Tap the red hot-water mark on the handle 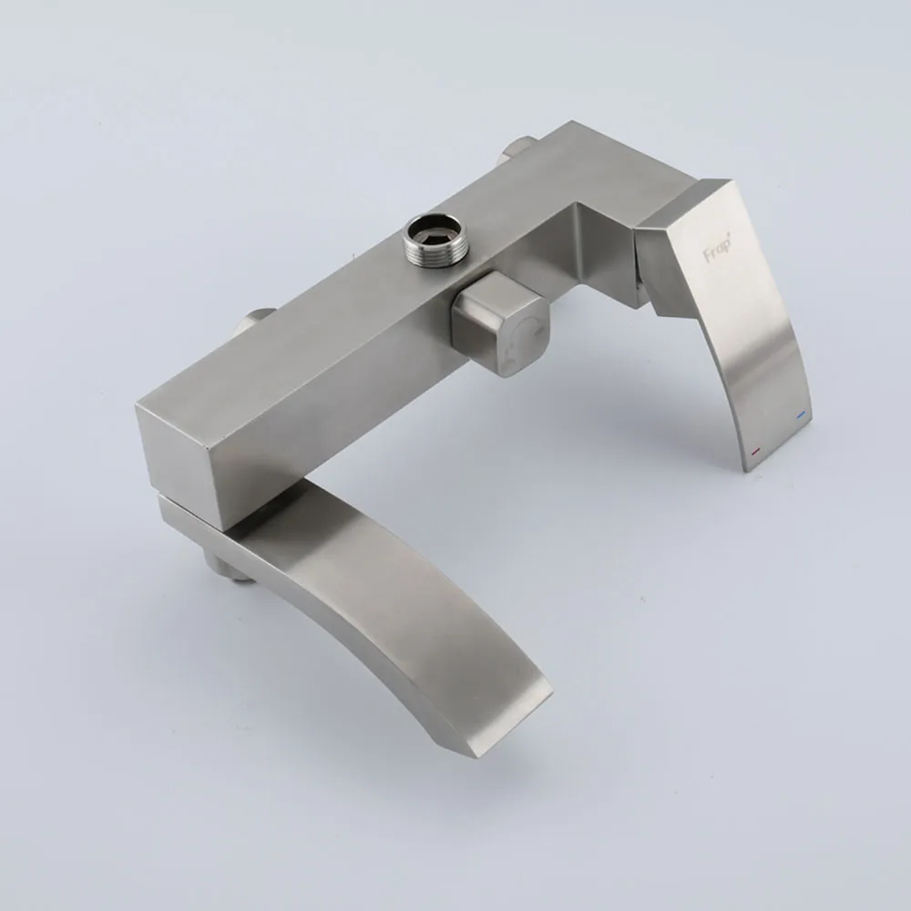click(x=756, y=450)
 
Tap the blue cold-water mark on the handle click(x=803, y=415)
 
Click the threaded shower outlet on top click(x=431, y=239)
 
